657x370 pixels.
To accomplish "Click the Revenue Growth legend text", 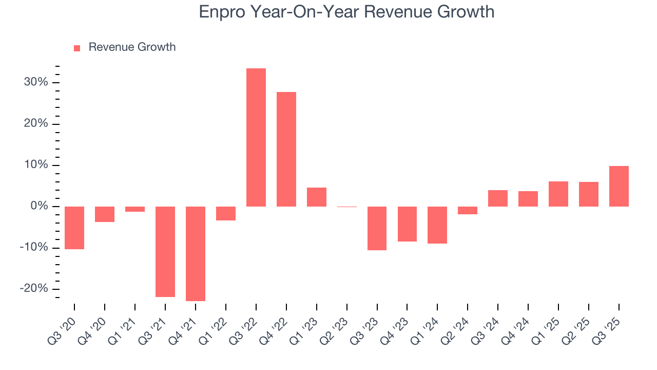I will point(132,47).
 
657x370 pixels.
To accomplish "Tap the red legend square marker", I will point(77,48).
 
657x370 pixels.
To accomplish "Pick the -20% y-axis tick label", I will point(34,288).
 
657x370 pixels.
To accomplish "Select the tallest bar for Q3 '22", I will point(256,137).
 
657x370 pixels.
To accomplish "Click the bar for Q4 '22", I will point(286,149).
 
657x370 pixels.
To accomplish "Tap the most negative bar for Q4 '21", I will point(196,253).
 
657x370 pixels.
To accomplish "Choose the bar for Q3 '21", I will point(165,251).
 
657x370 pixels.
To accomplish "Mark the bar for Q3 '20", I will point(74,228).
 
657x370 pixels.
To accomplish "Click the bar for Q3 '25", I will point(619,186).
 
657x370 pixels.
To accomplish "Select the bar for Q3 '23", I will point(377,228).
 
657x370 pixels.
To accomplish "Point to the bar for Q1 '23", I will point(317,197).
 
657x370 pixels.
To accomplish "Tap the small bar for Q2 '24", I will point(468,210).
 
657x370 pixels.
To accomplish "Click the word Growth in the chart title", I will point(465,11).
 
